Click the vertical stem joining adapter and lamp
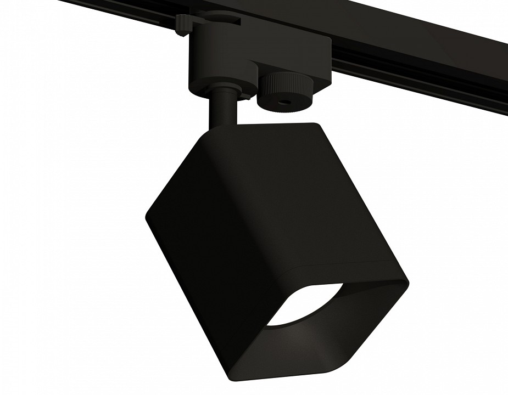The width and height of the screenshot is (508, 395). point(223,110)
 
